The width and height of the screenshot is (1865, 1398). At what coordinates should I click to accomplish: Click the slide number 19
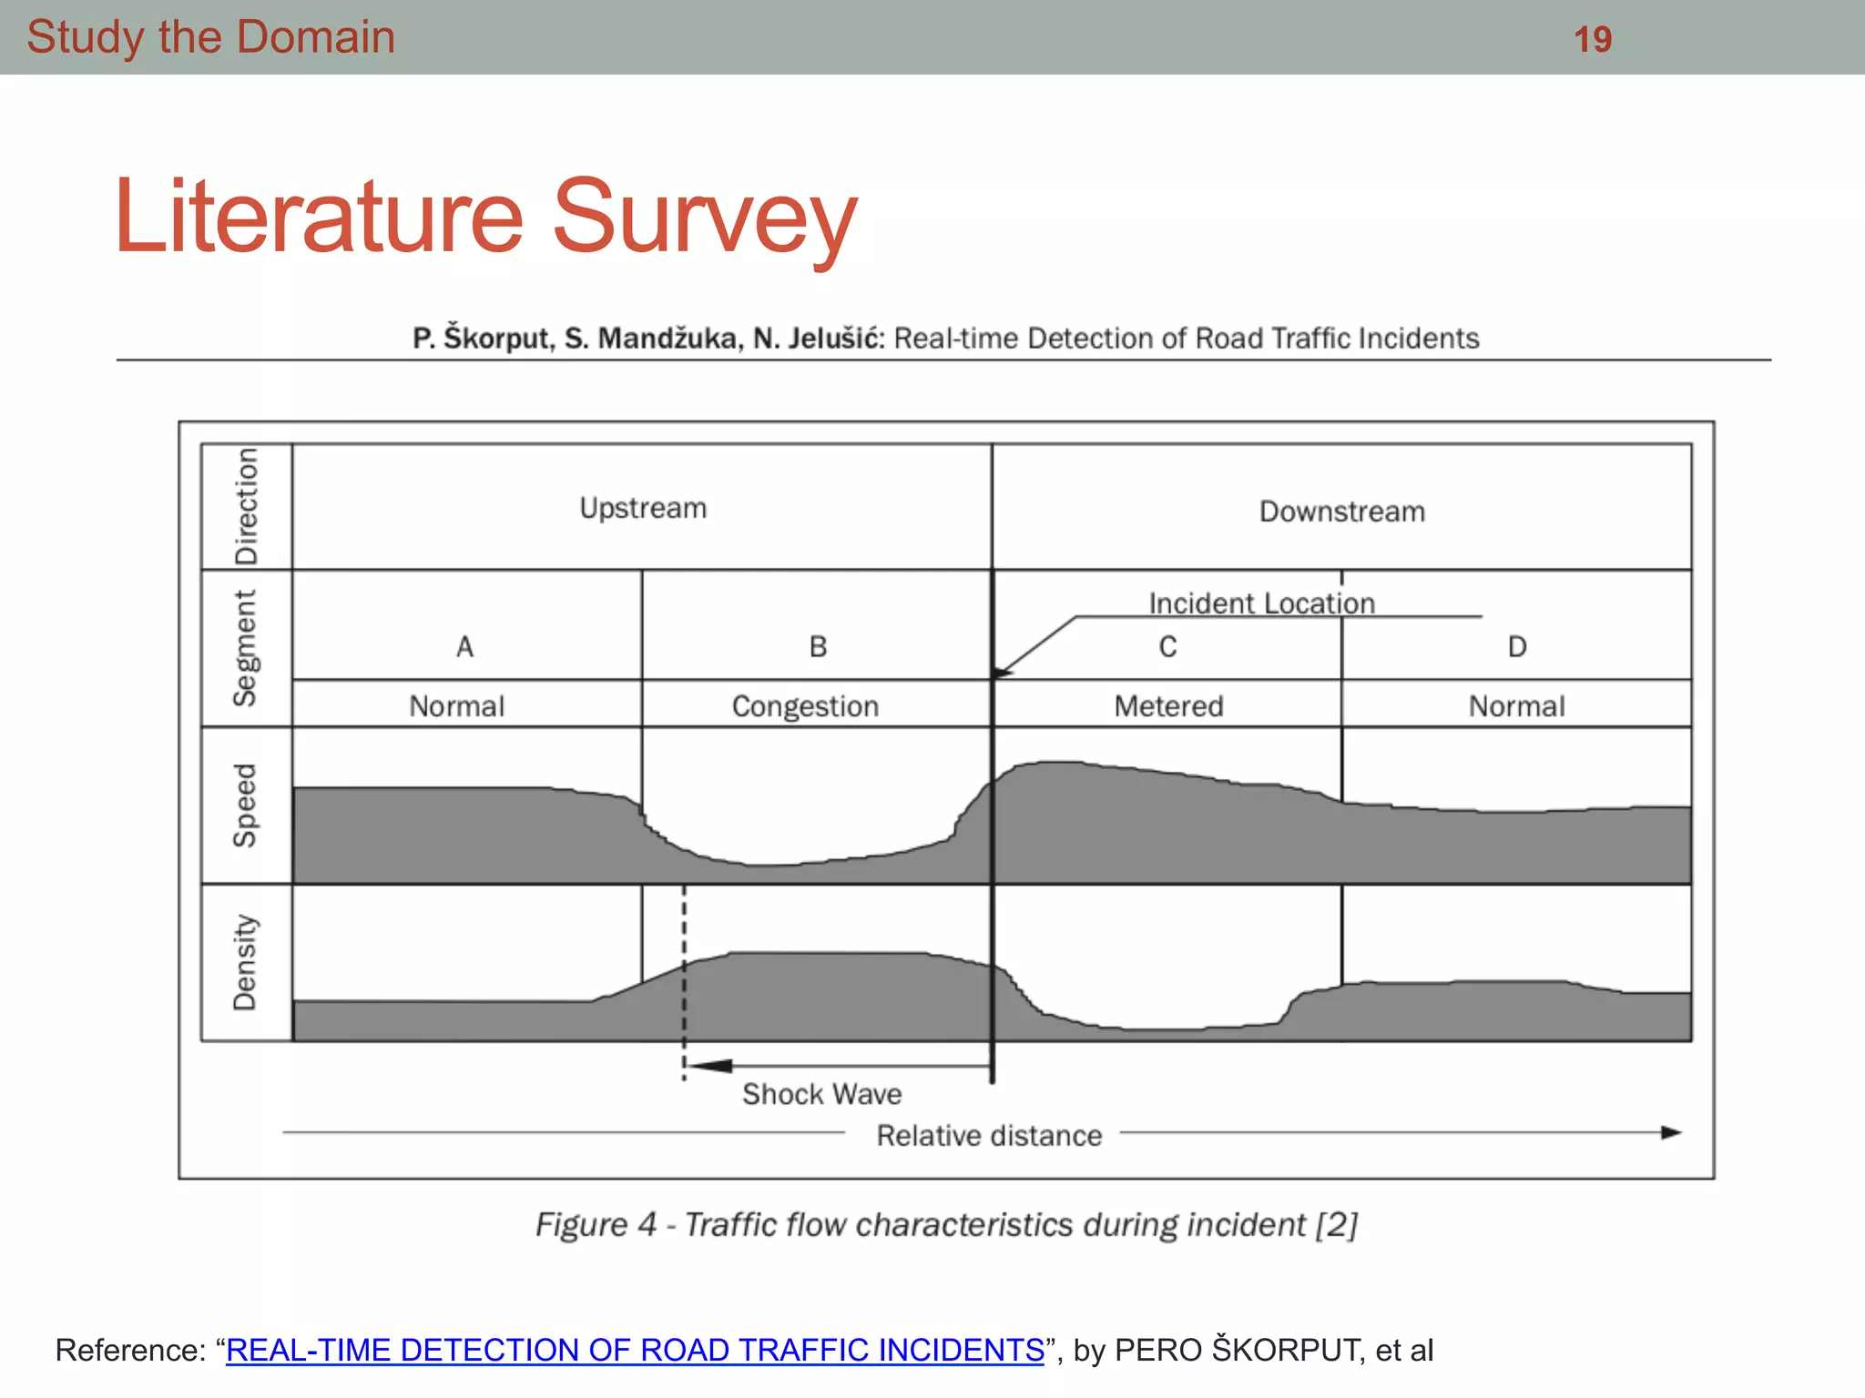(x=1593, y=39)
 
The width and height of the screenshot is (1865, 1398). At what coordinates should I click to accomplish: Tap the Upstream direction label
(x=643, y=508)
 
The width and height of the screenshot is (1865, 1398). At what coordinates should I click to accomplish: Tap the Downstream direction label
(x=1341, y=512)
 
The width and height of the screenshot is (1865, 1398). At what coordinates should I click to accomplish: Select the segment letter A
(x=464, y=647)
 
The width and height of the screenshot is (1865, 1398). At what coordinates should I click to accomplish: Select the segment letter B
(x=818, y=647)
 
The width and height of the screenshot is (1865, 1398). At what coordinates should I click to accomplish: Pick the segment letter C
(x=1167, y=647)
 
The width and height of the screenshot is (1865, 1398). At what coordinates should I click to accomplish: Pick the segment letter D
(x=1516, y=647)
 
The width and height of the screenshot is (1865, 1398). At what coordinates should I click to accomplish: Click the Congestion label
(x=805, y=706)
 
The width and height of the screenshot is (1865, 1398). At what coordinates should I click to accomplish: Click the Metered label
(x=1168, y=706)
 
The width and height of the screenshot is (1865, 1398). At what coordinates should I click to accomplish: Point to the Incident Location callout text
(x=1261, y=603)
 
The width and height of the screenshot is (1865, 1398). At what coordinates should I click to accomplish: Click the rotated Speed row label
(x=245, y=805)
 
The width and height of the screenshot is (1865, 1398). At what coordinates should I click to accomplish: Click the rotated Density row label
(x=245, y=962)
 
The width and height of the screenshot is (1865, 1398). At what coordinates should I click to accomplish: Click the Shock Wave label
(x=821, y=1094)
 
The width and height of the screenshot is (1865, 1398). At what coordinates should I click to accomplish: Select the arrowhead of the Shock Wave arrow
(x=707, y=1066)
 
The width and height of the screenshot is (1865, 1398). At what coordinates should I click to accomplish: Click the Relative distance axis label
(x=989, y=1136)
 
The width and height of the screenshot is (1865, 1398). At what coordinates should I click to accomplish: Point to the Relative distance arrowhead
(x=1671, y=1133)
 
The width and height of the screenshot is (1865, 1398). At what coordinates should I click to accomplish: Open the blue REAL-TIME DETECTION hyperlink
(x=635, y=1350)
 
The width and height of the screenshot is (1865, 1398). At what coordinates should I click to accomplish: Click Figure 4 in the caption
(x=596, y=1225)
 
